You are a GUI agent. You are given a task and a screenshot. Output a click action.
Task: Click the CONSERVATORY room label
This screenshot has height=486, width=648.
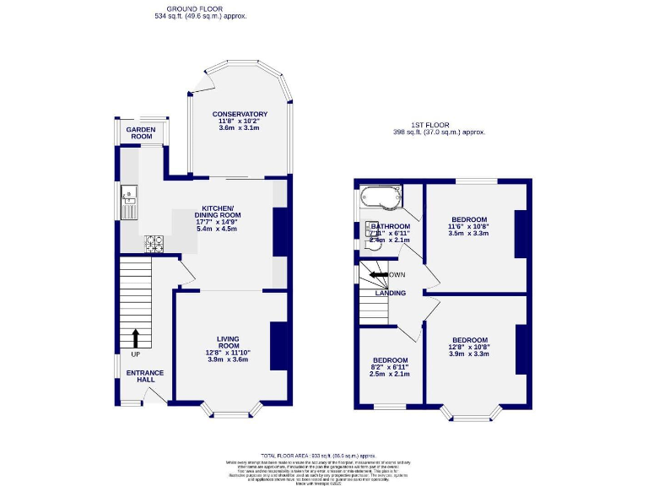click(240, 114)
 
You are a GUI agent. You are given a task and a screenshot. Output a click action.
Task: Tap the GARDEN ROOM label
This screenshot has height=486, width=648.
click(141, 132)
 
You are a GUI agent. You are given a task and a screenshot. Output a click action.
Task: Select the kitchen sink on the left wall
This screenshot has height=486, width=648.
click(129, 197)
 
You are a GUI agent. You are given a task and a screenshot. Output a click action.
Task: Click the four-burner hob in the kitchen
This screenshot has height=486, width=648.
click(155, 243)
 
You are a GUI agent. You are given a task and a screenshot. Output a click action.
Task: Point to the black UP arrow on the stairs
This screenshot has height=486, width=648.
click(135, 338)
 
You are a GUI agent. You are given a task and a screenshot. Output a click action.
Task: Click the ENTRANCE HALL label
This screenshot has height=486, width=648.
click(145, 376)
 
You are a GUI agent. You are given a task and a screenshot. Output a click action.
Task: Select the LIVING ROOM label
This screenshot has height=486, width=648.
click(228, 343)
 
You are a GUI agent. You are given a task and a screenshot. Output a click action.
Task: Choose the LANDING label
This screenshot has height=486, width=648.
click(391, 293)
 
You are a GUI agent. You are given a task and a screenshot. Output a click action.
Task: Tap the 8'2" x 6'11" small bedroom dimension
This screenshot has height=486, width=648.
click(391, 368)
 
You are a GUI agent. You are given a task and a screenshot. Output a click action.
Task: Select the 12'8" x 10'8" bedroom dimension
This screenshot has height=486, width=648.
click(469, 347)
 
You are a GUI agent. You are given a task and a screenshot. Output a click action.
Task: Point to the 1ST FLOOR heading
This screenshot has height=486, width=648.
click(438, 124)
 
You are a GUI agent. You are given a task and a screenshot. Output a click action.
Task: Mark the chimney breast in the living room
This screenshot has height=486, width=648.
click(278, 344)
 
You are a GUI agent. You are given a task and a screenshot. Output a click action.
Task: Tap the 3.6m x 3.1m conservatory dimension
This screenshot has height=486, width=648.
click(240, 127)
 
